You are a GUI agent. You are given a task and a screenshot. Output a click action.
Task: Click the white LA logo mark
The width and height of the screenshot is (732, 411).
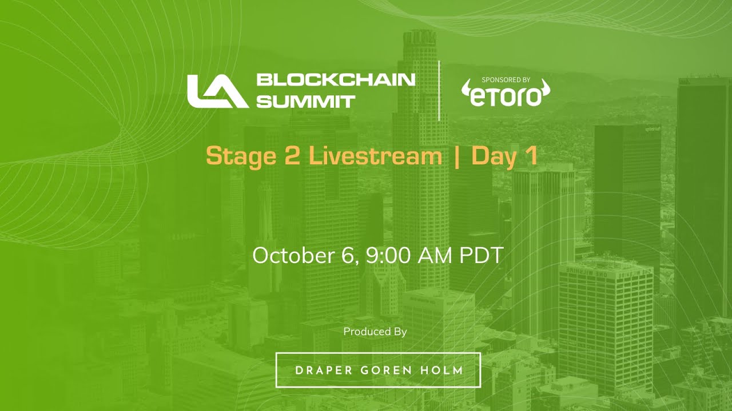point(217,91)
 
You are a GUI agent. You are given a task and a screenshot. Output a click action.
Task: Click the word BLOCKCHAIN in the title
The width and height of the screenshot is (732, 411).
point(336,79)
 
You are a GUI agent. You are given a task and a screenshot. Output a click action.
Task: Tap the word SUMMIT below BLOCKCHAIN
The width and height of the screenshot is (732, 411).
point(306,102)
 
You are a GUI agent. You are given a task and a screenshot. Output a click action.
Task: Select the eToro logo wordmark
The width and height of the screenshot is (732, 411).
point(506,96)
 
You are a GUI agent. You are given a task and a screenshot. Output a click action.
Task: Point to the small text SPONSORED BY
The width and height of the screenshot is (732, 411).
point(506,80)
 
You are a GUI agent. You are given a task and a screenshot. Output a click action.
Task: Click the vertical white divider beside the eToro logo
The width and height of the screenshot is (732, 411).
point(439,90)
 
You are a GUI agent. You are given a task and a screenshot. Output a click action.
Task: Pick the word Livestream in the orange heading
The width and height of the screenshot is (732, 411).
point(375,156)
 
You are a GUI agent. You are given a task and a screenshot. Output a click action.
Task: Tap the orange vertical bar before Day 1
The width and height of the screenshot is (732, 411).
point(456,156)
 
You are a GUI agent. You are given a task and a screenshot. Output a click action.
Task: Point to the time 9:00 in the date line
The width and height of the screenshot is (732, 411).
point(389,255)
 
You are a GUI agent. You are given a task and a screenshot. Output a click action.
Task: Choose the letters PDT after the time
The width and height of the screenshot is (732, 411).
point(481,255)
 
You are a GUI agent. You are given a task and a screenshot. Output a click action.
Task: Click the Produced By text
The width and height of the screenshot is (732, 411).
point(375,332)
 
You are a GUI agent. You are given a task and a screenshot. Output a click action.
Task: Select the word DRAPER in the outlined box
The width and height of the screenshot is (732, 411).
point(323,370)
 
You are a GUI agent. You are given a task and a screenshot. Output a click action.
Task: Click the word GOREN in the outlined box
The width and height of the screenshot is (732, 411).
point(387,370)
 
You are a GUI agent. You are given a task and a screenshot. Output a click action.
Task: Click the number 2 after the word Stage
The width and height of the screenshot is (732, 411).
point(292,156)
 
